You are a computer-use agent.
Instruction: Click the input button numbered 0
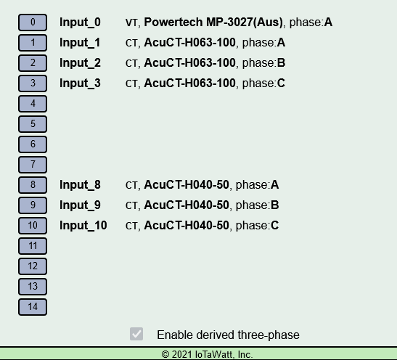(33, 22)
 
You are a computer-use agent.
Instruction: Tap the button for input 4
(33, 104)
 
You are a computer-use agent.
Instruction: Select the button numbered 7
(33, 165)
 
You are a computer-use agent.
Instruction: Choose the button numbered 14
(33, 307)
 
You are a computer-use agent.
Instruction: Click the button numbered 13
(33, 287)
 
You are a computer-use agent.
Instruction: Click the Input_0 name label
(80, 22)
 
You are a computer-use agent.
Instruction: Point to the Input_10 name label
(83, 226)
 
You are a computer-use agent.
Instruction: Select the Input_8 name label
(80, 185)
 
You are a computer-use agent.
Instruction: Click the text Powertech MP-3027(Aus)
(213, 22)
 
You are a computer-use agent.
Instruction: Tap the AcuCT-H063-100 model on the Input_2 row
(189, 63)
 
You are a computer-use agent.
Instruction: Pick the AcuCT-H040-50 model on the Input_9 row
(187, 205)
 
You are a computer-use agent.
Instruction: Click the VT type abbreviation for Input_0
(131, 22)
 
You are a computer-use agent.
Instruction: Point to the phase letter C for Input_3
(281, 83)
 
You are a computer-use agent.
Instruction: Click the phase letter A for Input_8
(275, 185)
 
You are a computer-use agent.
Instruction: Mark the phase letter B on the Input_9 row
(275, 205)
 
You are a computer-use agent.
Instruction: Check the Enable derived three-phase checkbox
(136, 334)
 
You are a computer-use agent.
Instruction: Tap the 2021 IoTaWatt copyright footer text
(207, 354)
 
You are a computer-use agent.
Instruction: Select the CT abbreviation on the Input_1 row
(131, 43)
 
